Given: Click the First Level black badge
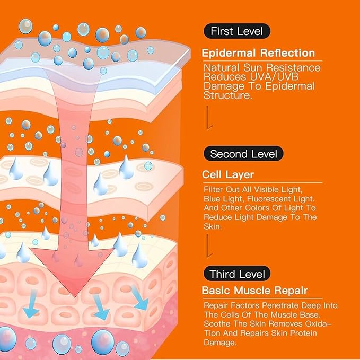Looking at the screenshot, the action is pyautogui.click(x=236, y=31).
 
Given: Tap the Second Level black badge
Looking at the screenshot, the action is pyautogui.click(x=243, y=154).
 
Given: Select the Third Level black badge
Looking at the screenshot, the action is pyautogui.click(x=236, y=274).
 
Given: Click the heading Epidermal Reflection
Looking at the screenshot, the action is pyautogui.click(x=258, y=53).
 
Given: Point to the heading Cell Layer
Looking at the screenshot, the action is pyautogui.click(x=228, y=175).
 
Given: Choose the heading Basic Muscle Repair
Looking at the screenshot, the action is pyautogui.click(x=254, y=291).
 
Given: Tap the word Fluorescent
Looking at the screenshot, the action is pyautogui.click(x=280, y=199).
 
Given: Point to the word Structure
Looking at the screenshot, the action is pyautogui.click(x=228, y=95).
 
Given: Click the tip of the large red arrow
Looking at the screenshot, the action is pyautogui.click(x=75, y=297).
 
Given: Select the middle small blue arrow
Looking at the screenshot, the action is pyautogui.click(x=101, y=307).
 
